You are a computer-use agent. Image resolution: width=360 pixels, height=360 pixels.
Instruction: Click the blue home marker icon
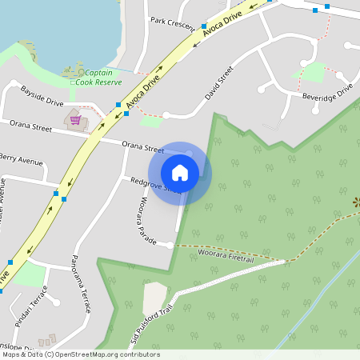coord(180,173)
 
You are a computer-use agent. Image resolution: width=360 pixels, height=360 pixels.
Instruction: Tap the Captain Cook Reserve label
coord(103,77)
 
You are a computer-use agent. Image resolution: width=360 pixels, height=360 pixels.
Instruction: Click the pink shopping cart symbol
coord(75,120)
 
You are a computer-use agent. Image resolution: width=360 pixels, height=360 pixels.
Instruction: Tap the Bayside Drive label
coord(42,95)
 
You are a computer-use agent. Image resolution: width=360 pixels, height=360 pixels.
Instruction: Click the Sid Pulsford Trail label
coord(153,325)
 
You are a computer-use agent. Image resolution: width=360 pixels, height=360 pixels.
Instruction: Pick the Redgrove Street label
coord(154,186)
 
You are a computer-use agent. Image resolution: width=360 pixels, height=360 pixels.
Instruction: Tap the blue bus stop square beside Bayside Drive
coord(118,105)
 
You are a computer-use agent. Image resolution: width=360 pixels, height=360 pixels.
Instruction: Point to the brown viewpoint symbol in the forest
coord(356,202)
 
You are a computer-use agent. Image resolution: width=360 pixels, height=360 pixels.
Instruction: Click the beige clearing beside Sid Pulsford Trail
coord(154,297)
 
